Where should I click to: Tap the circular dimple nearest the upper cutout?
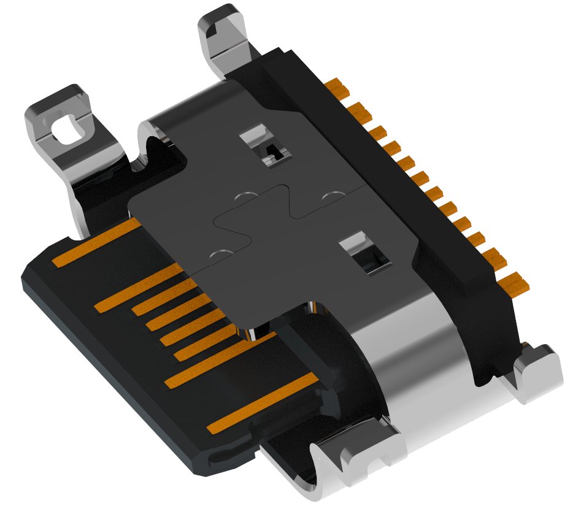click(245, 197)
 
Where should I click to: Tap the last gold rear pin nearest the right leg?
click(514, 282)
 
